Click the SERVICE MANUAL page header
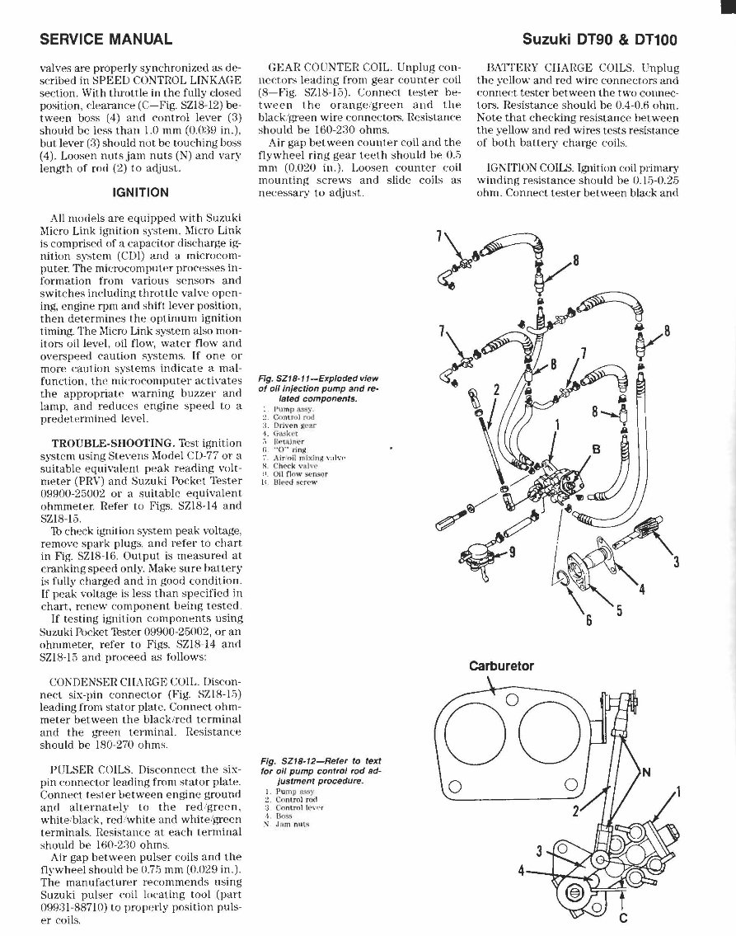[x=105, y=39]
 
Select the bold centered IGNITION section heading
[x=141, y=192]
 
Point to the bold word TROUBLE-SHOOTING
[x=101, y=443]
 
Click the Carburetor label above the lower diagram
[x=501, y=666]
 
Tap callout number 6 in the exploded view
[x=588, y=620]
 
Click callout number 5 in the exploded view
[x=619, y=612]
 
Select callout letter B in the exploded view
[x=597, y=449]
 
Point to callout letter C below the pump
[x=621, y=917]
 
